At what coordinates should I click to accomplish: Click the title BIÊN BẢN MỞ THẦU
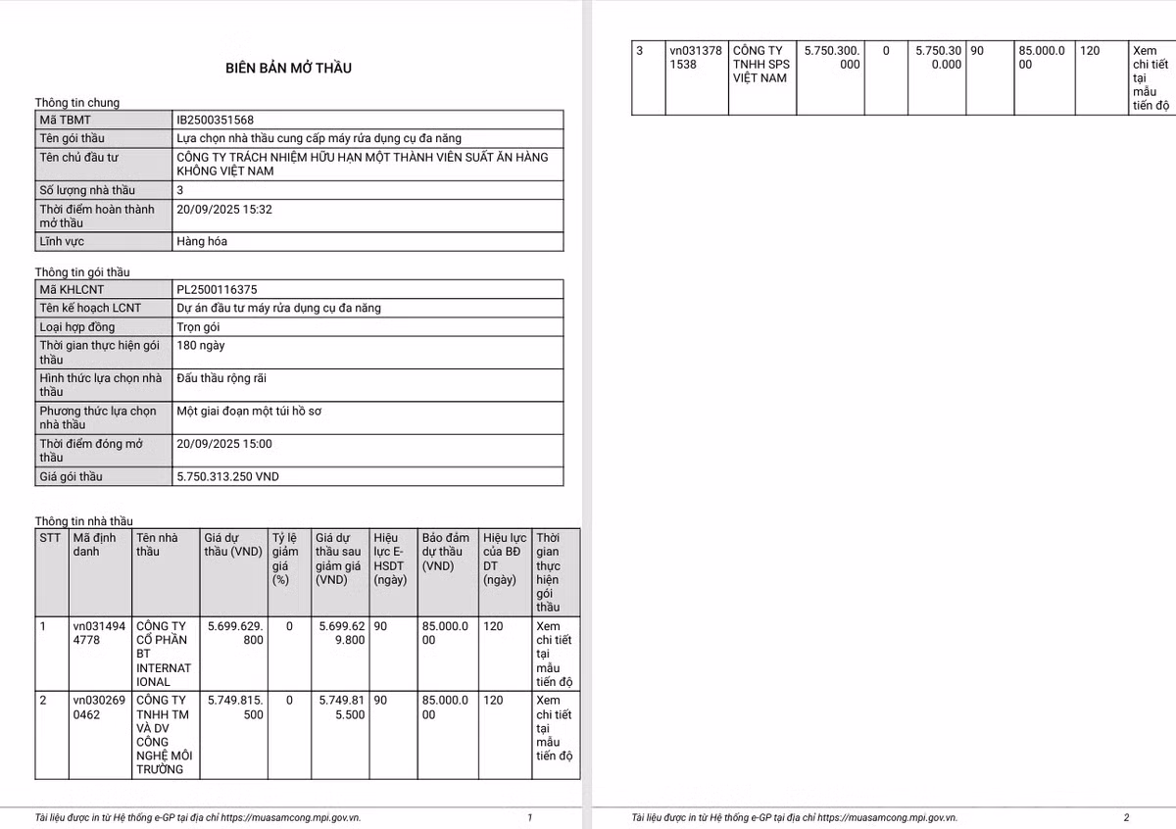tap(288, 68)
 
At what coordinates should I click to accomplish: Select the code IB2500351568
tap(216, 120)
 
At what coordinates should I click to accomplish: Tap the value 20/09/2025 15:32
tap(224, 209)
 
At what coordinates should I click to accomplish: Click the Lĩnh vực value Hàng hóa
tap(202, 241)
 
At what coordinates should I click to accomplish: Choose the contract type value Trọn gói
tap(201, 326)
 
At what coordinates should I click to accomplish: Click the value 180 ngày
tap(200, 346)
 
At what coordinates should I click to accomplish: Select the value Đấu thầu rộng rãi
tap(221, 378)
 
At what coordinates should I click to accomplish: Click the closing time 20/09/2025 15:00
tap(224, 444)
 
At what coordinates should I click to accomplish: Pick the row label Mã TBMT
tap(65, 120)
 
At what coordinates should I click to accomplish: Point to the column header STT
tap(50, 538)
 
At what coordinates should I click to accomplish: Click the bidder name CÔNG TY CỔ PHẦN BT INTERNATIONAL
tap(164, 654)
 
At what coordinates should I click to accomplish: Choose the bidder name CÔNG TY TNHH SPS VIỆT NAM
tap(760, 64)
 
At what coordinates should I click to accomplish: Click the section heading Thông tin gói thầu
tap(82, 271)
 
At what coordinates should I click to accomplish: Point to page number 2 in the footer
tap(1126, 817)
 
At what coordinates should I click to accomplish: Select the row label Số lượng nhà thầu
tap(87, 190)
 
